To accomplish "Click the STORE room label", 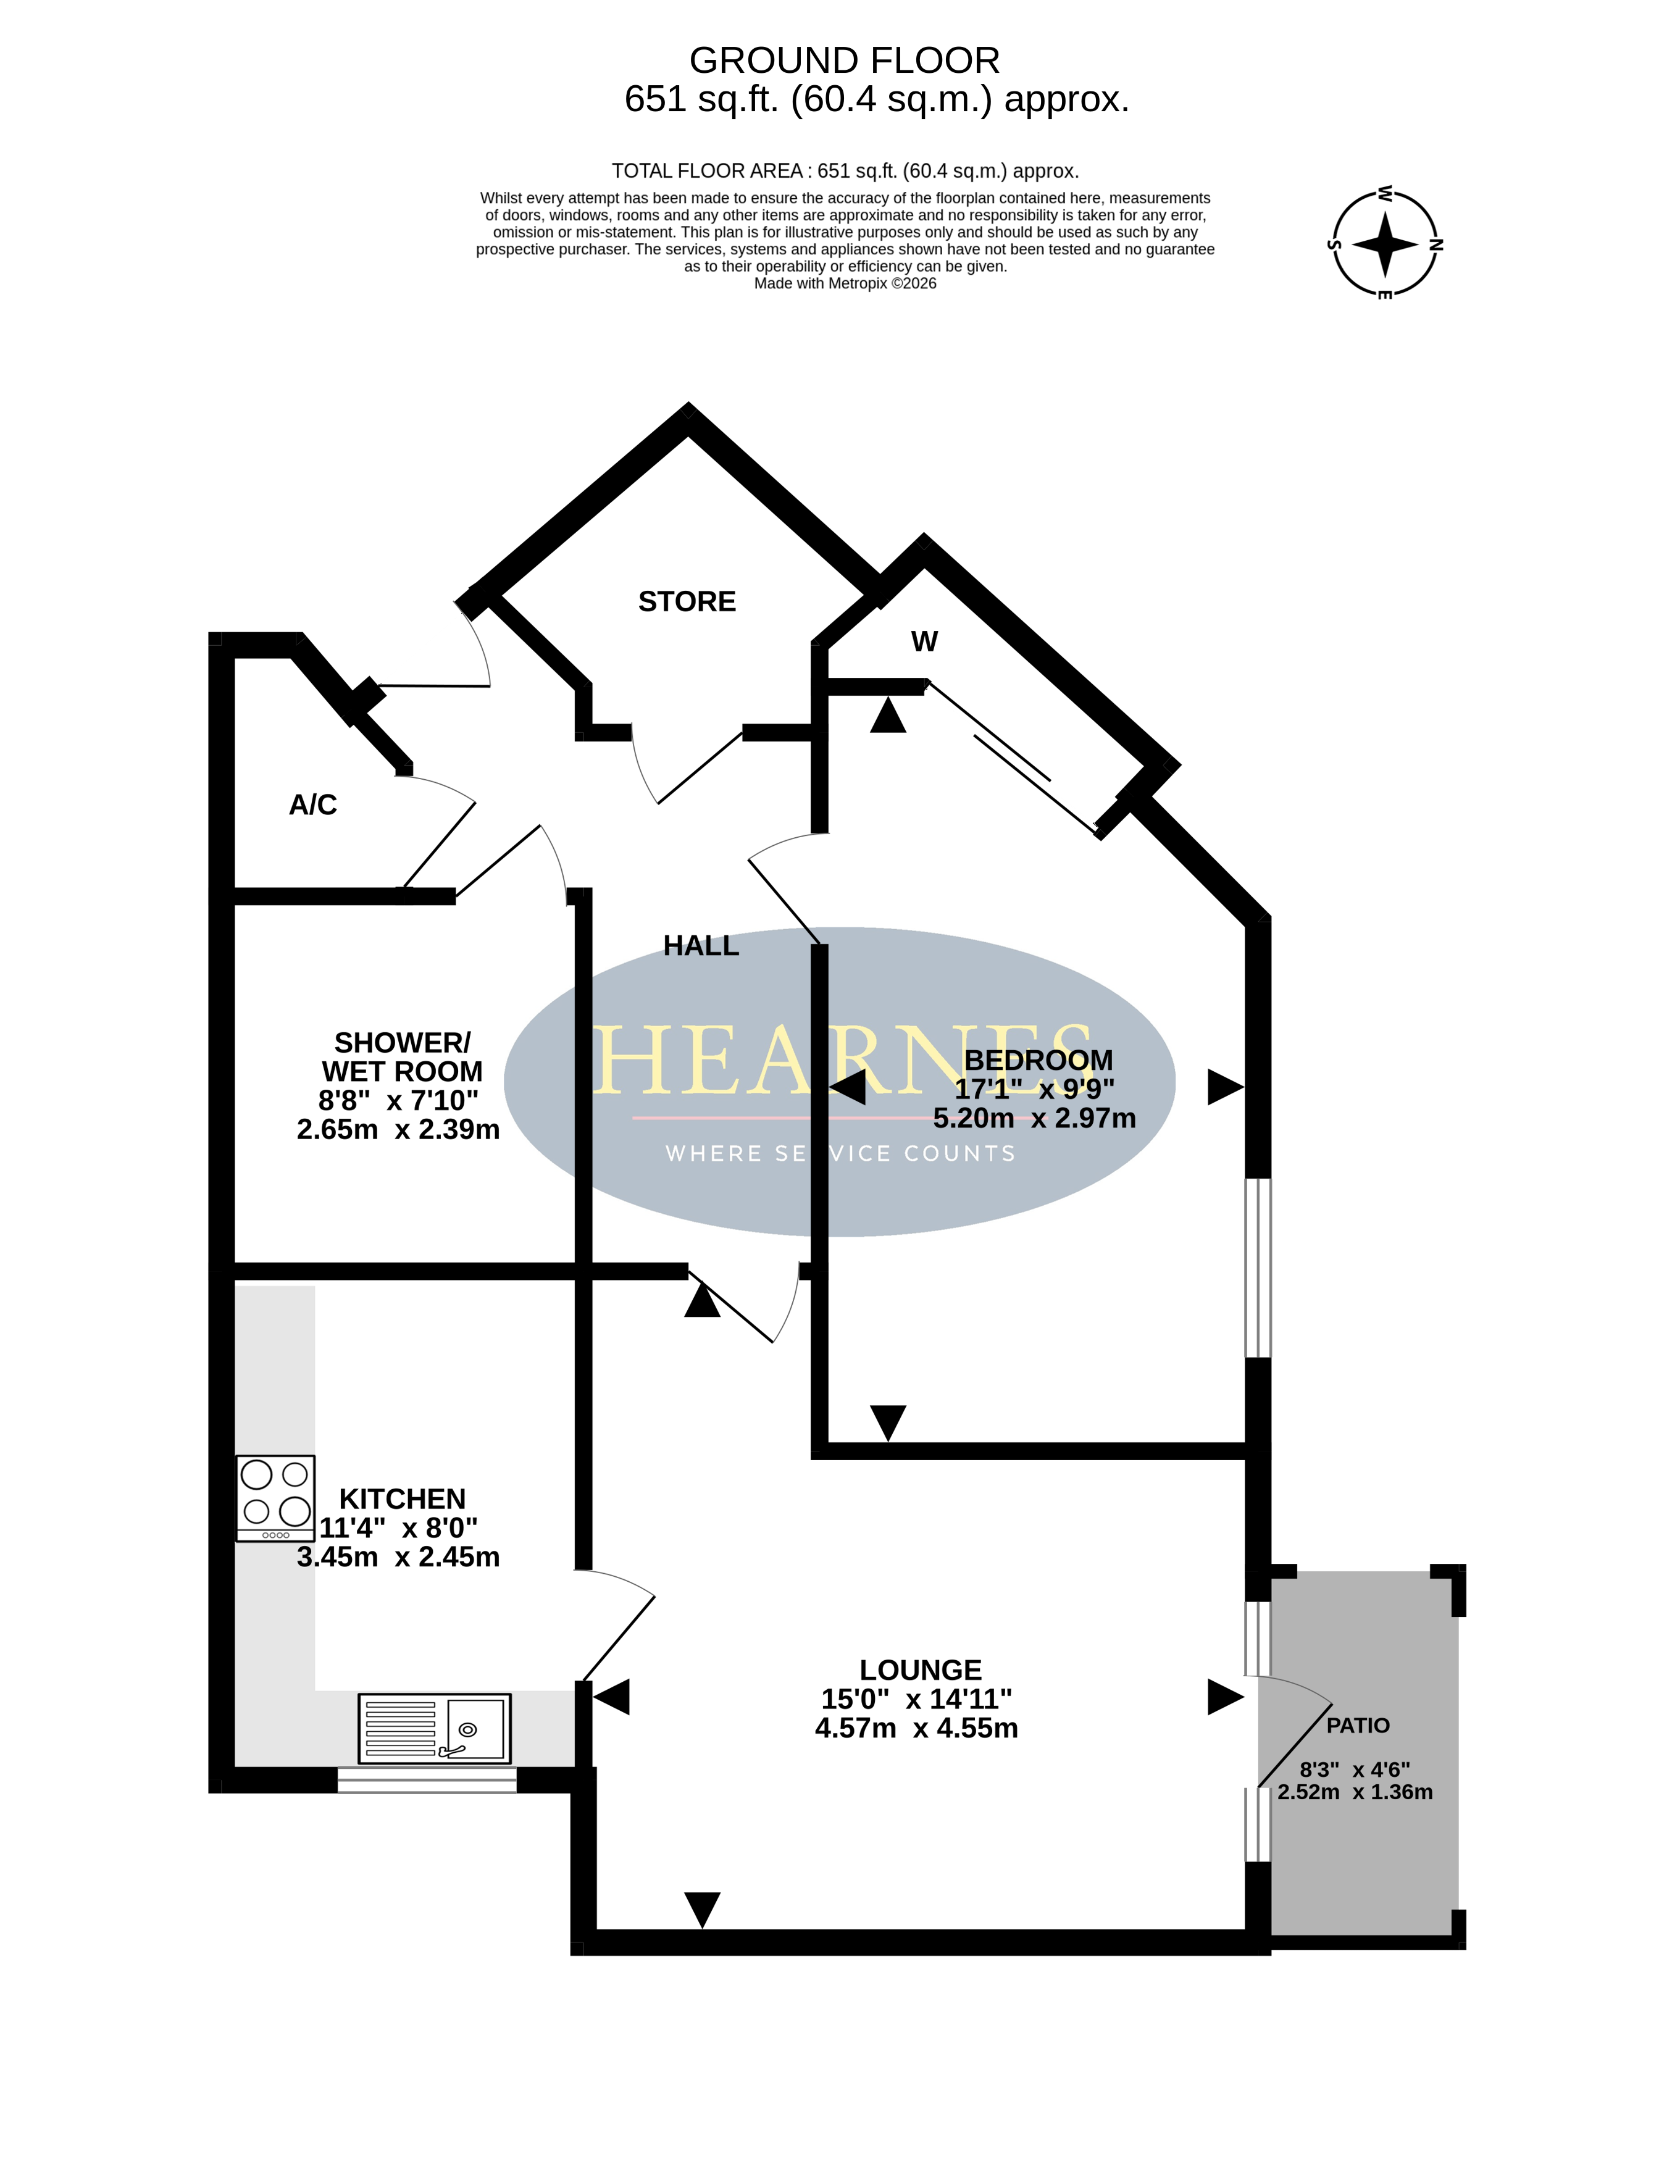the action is [687, 601].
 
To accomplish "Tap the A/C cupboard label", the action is [313, 804].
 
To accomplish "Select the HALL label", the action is [701, 946].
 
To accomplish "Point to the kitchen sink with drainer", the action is [434, 1728].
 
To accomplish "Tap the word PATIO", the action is [1358, 1725].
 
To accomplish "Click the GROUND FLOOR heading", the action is [845, 61].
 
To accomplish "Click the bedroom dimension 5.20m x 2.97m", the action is [1035, 1118].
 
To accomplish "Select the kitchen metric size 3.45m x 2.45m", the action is [398, 1556].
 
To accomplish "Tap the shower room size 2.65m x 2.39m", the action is [398, 1130].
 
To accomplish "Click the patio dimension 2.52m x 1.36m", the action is [1355, 1792].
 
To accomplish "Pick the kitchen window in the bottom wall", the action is [427, 1781].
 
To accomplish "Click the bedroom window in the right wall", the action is [1258, 1268].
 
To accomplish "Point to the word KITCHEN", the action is [403, 1499].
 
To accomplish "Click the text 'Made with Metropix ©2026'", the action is [845, 283].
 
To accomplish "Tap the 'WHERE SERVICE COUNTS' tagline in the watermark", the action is [840, 1153].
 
